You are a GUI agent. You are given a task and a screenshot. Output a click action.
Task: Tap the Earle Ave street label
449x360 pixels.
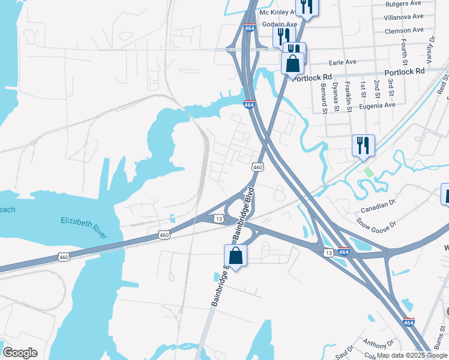pos(343,62)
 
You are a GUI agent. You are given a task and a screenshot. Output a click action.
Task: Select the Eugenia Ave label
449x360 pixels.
pos(378,104)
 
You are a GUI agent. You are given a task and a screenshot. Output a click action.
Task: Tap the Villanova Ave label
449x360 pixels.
pos(403,17)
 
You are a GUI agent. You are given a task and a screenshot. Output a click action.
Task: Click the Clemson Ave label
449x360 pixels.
pos(405,30)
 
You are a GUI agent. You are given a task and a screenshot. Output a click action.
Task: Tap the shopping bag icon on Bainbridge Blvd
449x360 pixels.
pos(236,256)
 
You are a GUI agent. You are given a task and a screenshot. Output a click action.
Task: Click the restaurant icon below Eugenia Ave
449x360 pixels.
pos(363,145)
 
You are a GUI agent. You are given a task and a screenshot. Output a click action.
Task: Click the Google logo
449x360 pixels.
pos(20,353)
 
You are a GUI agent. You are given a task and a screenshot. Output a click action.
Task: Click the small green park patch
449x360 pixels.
pos(368,172)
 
